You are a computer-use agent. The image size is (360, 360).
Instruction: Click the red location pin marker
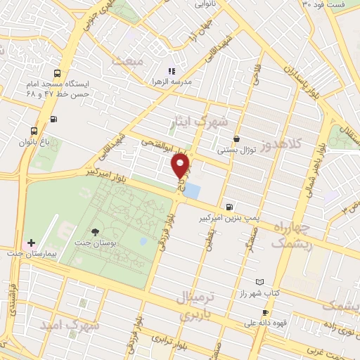pyautogui.click(x=181, y=166)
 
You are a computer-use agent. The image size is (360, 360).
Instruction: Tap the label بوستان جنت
pyautogui.click(x=94, y=243)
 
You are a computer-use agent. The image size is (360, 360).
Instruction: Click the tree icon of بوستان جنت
pyautogui.click(x=94, y=231)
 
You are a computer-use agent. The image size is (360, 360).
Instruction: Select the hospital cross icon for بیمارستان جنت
pyautogui.click(x=31, y=242)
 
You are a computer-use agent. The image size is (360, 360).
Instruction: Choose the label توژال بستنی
pyautogui.click(x=235, y=150)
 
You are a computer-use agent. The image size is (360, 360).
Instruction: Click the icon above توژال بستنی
pyautogui.click(x=236, y=139)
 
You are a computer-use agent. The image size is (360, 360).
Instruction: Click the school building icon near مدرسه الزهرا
pyautogui.click(x=170, y=70)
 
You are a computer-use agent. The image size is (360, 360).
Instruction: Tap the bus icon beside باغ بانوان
pyautogui.click(x=34, y=131)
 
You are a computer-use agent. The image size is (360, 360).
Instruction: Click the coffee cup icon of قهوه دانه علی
pyautogui.click(x=265, y=313)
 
